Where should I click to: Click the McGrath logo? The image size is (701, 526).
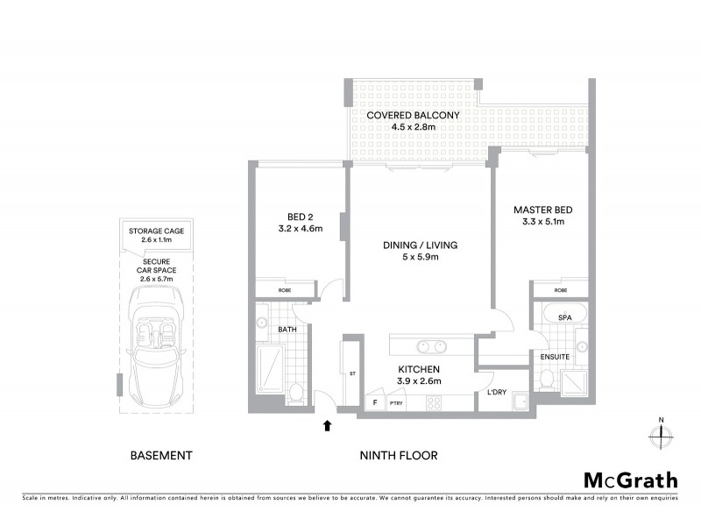(630, 480)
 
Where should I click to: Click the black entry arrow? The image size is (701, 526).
(328, 426)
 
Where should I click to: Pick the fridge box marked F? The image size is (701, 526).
(376, 402)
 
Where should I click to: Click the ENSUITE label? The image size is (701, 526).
(555, 357)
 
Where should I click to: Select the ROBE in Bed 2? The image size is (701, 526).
(285, 288)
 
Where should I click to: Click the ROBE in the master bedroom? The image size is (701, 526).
(559, 289)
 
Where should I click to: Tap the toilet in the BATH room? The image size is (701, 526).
(295, 393)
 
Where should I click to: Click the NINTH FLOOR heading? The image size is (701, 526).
(399, 455)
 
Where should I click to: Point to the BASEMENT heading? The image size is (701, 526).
(160, 455)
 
